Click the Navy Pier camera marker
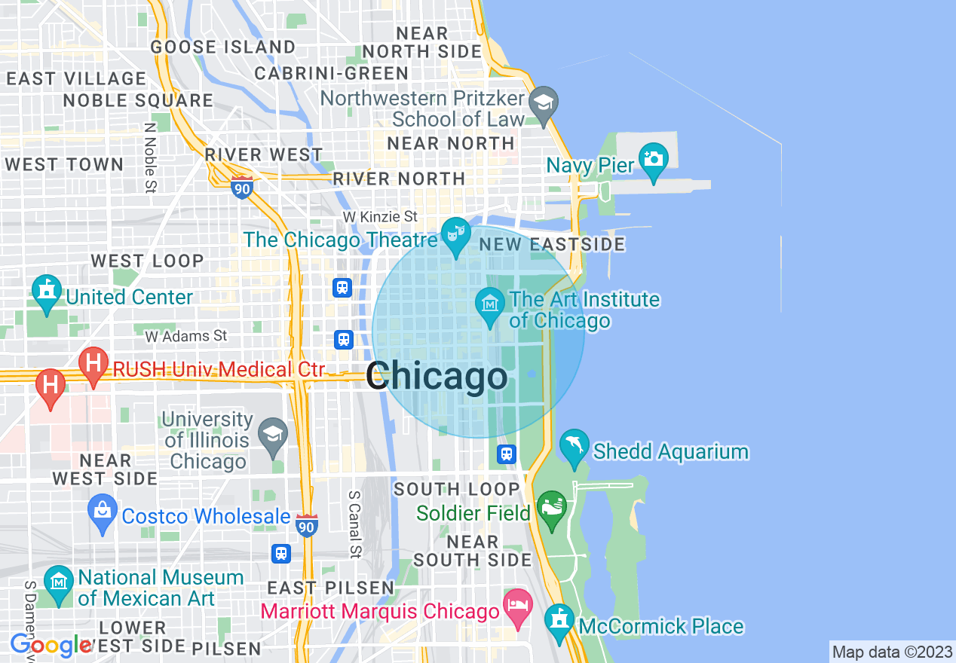click(653, 160)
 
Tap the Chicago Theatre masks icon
click(455, 234)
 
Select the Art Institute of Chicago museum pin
click(490, 305)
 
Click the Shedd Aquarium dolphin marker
click(574, 446)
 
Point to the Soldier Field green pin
click(552, 508)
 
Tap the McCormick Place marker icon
click(559, 621)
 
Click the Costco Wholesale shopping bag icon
click(103, 512)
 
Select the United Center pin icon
click(47, 292)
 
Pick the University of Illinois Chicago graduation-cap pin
click(272, 434)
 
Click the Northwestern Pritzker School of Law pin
click(542, 103)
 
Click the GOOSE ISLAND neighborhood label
click(223, 47)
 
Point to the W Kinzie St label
click(380, 217)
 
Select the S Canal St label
click(354, 524)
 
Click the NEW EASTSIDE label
click(552, 244)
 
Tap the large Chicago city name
click(437, 377)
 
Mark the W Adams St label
click(186, 335)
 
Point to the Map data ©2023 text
click(892, 652)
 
